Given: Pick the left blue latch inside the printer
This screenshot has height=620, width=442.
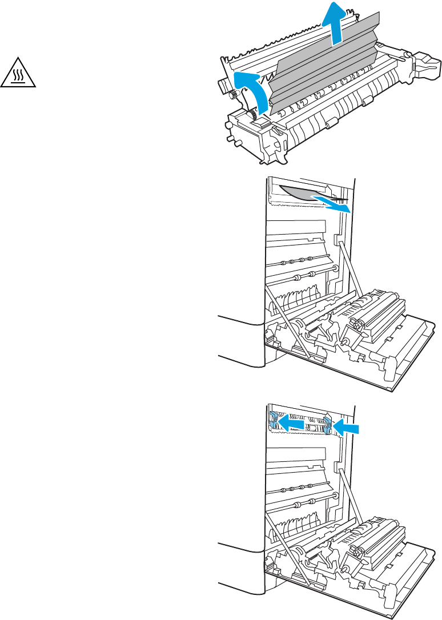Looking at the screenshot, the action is [x=274, y=421].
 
